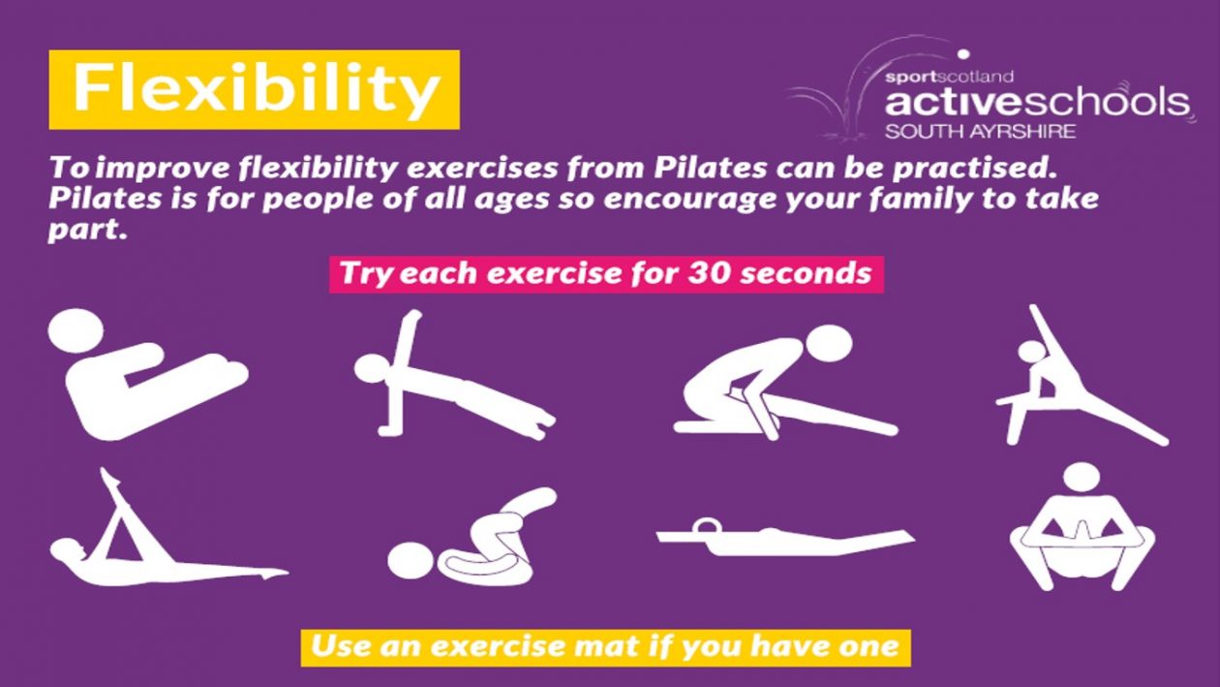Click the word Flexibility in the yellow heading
[257, 88]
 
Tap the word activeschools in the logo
[1037, 102]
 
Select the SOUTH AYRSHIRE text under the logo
[980, 132]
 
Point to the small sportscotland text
[949, 77]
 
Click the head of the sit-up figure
[76, 331]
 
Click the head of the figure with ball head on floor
[412, 560]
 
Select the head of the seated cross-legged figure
[1082, 478]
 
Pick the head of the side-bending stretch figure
[1030, 353]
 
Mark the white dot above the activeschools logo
[963, 54]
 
